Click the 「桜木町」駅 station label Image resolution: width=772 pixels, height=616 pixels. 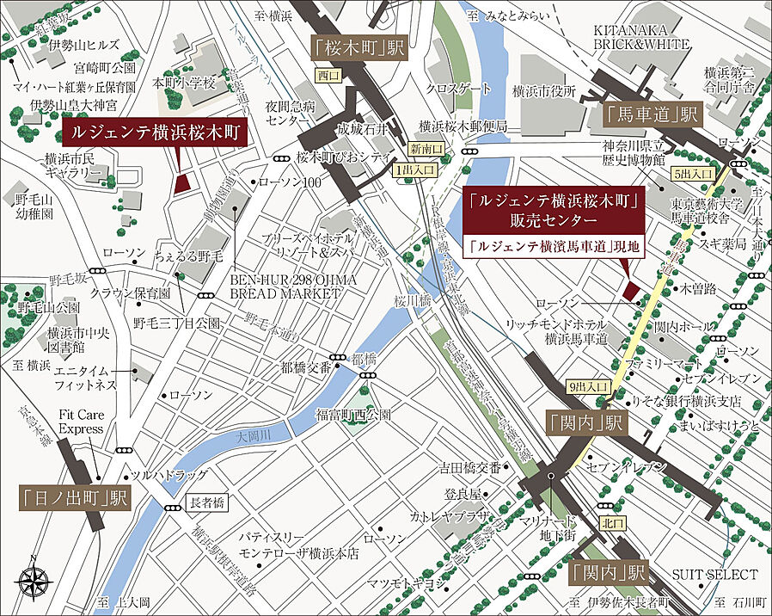click(355, 48)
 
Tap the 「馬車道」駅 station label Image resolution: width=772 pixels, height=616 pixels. click(653, 113)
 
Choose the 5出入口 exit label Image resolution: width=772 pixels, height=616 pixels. click(695, 173)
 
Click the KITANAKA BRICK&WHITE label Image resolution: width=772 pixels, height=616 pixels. click(641, 37)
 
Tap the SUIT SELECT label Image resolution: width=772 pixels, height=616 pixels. click(721, 574)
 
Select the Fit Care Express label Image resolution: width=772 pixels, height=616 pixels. click(82, 422)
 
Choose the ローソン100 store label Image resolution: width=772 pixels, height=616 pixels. click(289, 182)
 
